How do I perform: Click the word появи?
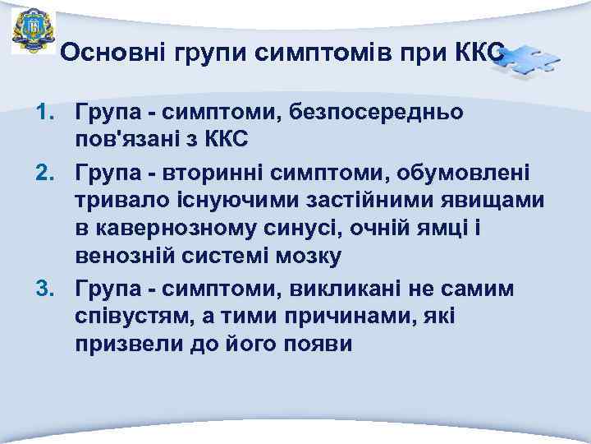(319, 345)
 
